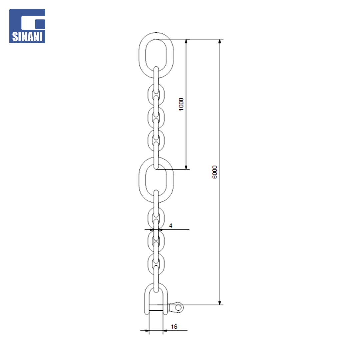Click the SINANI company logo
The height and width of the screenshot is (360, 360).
(x=27, y=26)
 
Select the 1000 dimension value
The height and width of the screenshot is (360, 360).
(x=181, y=104)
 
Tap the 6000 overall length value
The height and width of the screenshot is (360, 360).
(x=214, y=172)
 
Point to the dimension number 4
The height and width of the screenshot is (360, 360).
(x=171, y=226)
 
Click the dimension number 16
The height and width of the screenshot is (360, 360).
(x=174, y=326)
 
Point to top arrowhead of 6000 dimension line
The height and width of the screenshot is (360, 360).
(x=220, y=41)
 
